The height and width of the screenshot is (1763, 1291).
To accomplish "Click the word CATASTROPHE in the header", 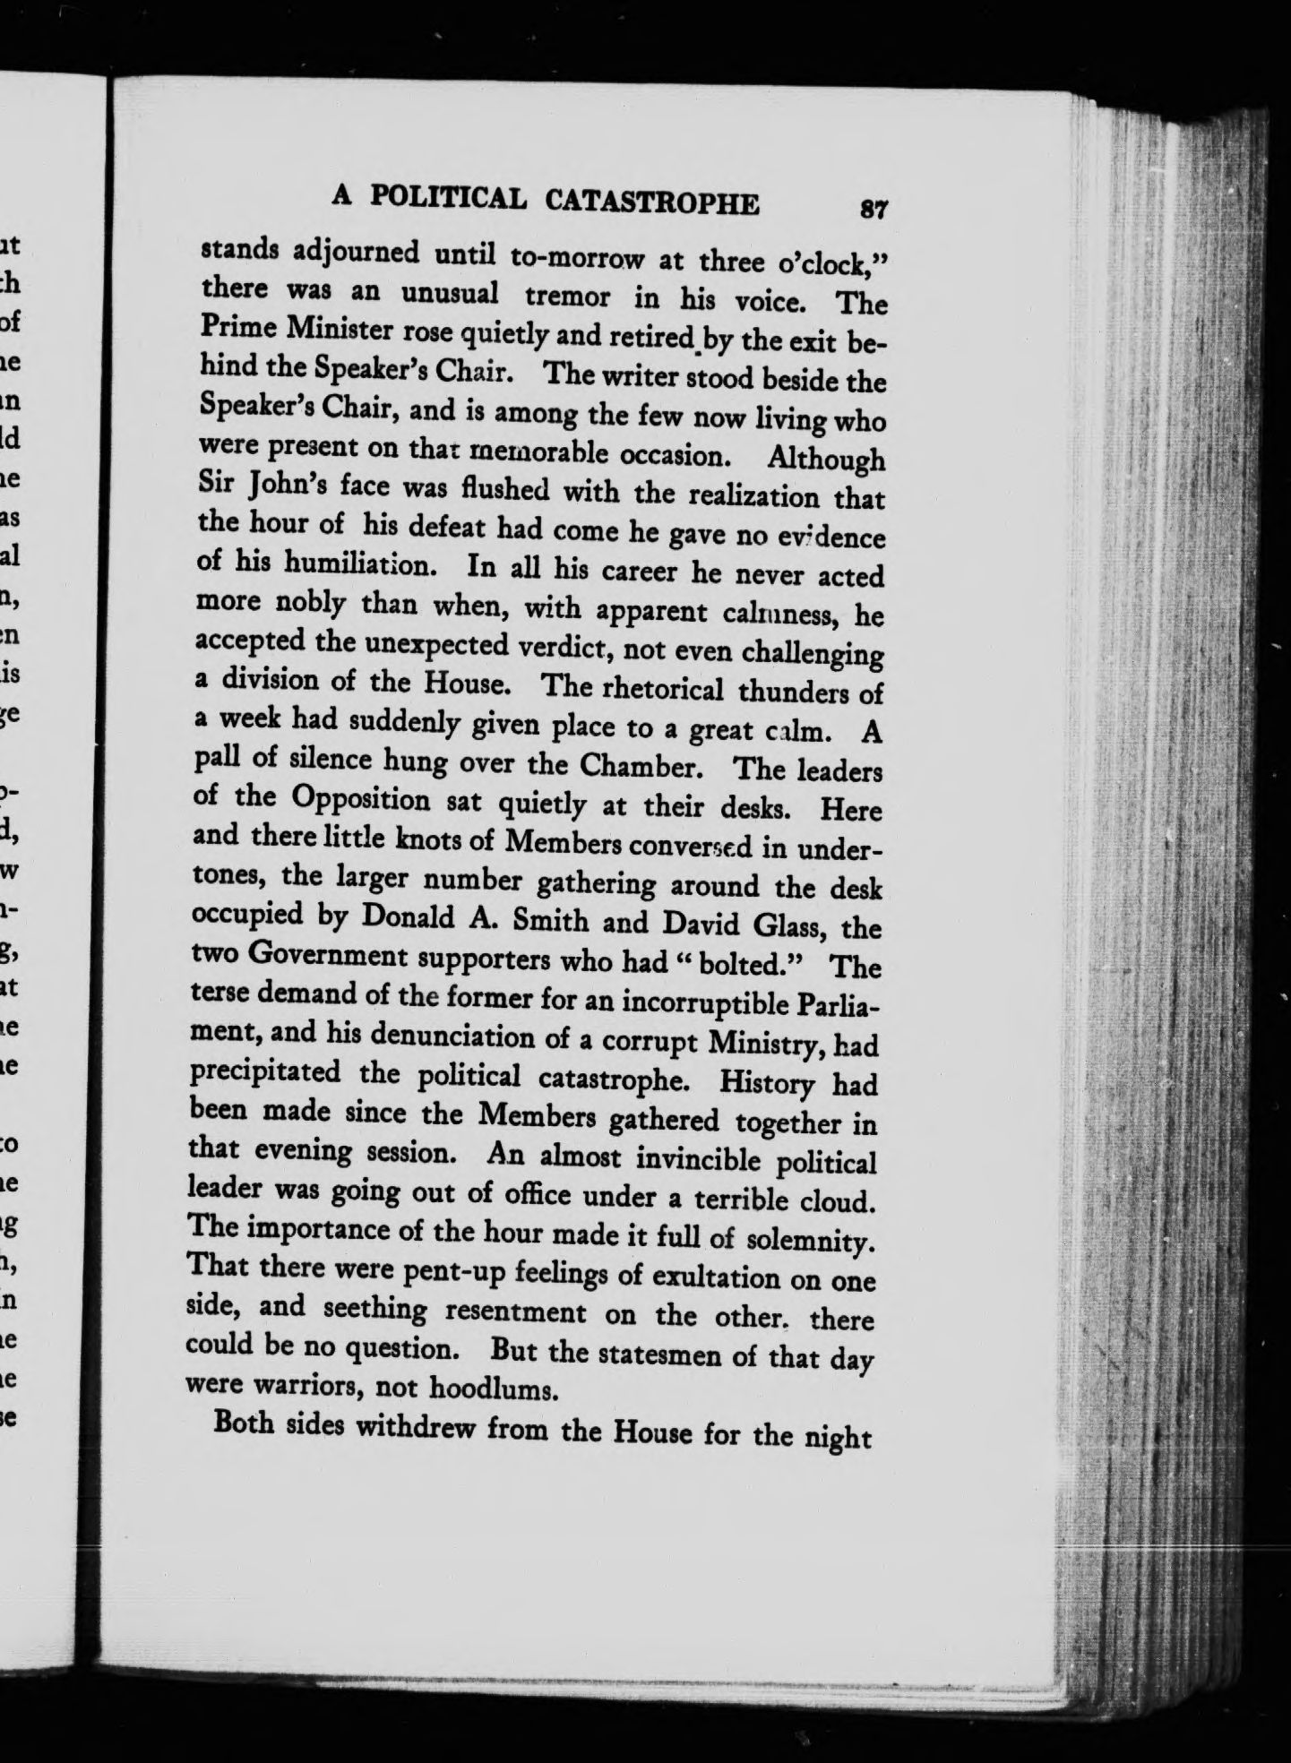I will pos(652,202).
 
